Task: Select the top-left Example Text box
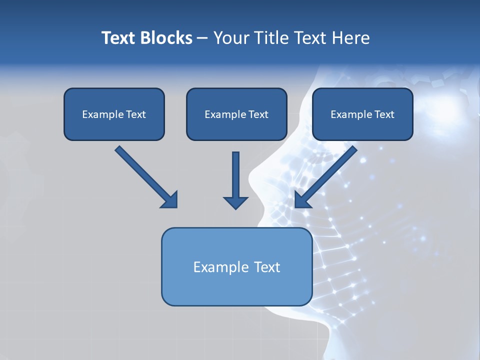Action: tap(114, 114)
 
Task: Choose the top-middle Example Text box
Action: tap(236, 114)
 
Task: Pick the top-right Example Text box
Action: tap(362, 114)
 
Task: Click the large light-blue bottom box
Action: tap(236, 266)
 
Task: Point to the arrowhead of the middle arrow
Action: tap(235, 202)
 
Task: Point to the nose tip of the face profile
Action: tap(249, 177)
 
